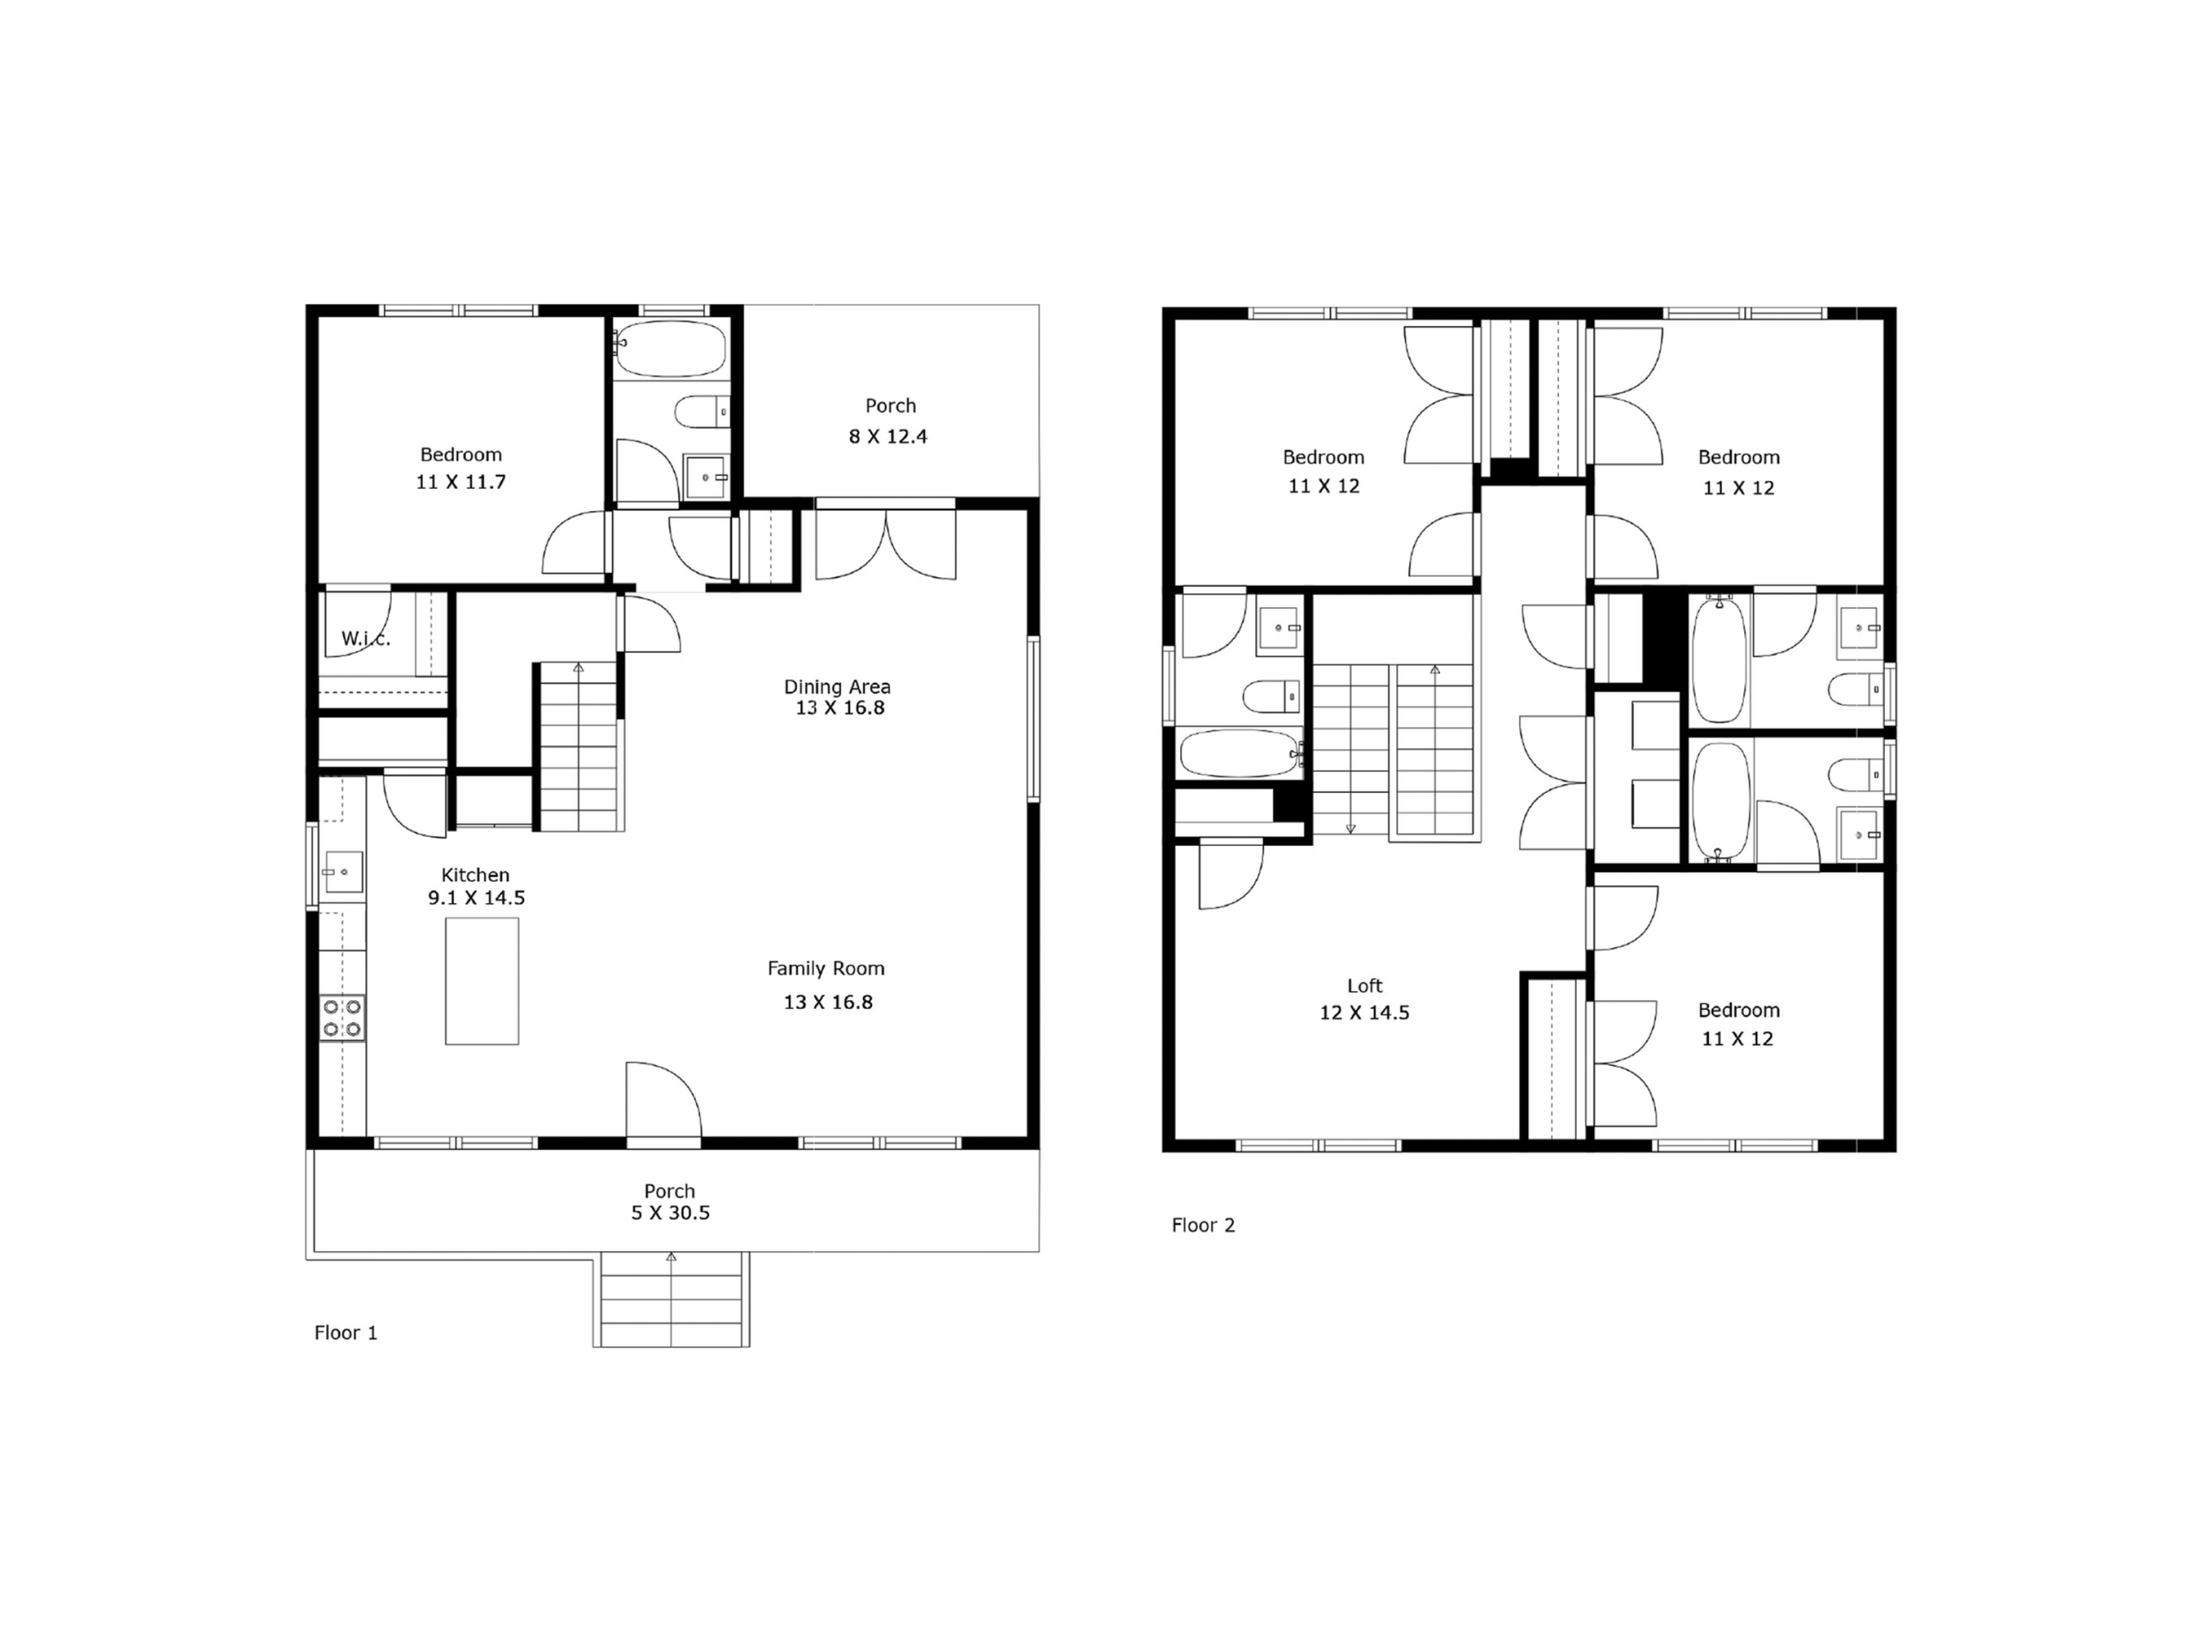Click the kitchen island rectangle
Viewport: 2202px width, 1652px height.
[x=482, y=981]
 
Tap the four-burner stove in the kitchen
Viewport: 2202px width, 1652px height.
[x=342, y=1019]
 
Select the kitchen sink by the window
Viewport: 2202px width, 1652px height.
[x=343, y=872]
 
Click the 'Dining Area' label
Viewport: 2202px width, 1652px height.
[x=837, y=686]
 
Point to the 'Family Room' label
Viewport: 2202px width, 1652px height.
[x=826, y=968]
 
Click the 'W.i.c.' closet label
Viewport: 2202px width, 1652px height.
[x=366, y=638]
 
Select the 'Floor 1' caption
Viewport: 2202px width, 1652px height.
[x=346, y=1332]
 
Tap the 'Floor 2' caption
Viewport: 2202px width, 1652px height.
[x=1203, y=1225]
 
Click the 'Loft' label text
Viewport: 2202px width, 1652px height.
[x=1365, y=986]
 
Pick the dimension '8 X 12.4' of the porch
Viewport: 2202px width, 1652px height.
[x=888, y=436]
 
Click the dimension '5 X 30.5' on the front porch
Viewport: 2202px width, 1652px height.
[x=671, y=1213]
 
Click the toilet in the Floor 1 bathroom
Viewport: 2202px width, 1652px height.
[x=703, y=411]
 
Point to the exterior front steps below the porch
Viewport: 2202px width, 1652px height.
[x=672, y=1300]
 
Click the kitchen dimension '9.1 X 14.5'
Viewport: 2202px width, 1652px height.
[x=477, y=897]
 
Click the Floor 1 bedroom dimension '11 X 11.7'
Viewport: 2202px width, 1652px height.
[x=461, y=482]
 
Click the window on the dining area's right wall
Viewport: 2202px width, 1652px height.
[x=1033, y=718]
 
